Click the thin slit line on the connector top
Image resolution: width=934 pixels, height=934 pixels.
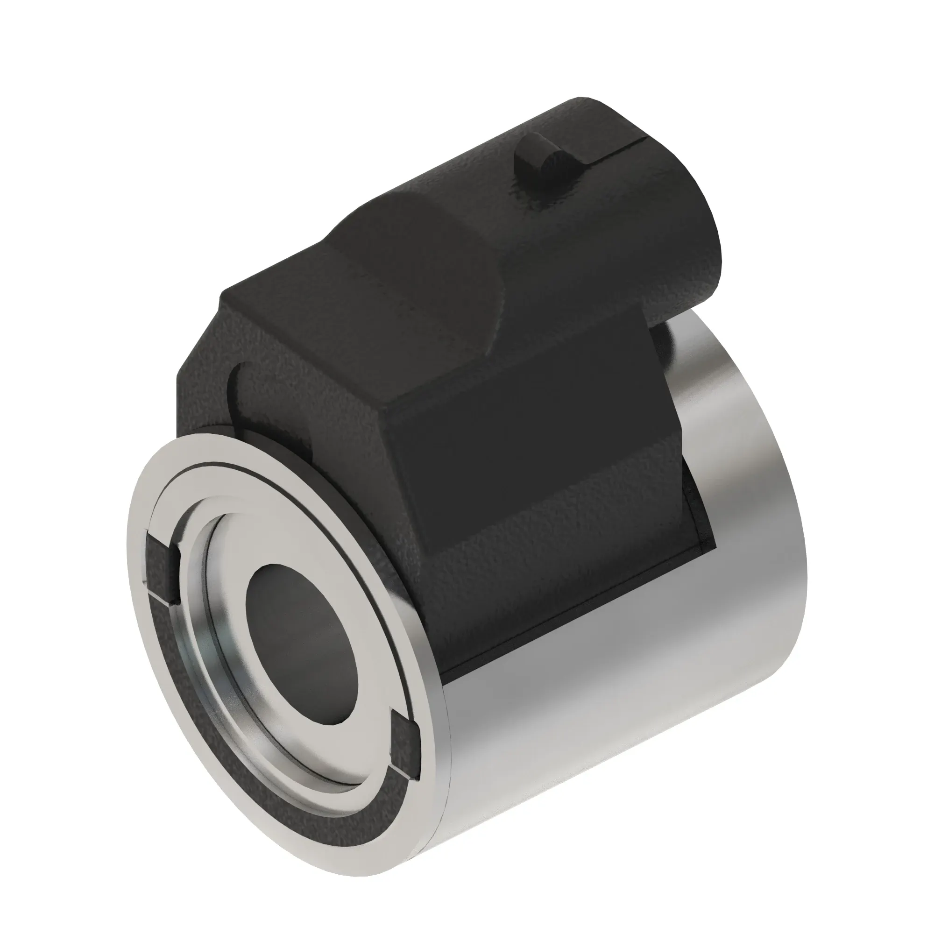(623, 145)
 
